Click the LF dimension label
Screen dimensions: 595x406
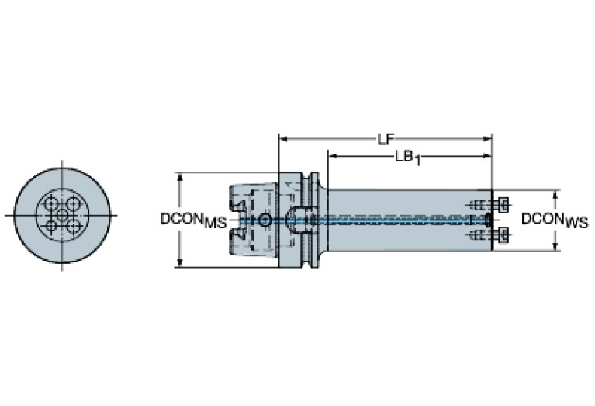(386, 140)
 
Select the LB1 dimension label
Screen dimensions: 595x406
(407, 158)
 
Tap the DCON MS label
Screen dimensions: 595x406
(193, 220)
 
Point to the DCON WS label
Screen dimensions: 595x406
(555, 220)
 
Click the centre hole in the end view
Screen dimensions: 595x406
(62, 215)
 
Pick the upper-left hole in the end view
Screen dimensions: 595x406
(50, 204)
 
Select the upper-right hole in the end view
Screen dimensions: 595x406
(73, 204)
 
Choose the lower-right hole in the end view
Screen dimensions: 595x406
(73, 227)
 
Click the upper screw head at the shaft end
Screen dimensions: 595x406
(503, 205)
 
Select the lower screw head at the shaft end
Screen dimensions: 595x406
(503, 235)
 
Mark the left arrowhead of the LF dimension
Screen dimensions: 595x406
(283, 139)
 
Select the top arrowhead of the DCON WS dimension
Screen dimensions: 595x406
(556, 194)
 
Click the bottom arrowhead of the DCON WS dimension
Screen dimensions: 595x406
(556, 246)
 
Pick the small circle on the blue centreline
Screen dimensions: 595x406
(265, 220)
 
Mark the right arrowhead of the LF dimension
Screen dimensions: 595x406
(488, 139)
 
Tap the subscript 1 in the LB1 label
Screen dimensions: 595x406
(417, 161)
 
